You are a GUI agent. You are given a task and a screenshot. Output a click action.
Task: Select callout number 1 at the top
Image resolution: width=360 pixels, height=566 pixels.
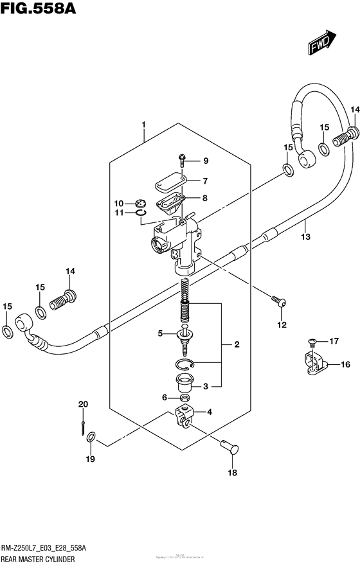click(144, 124)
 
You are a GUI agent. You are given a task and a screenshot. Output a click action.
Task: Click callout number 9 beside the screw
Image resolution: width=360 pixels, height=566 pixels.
click(188, 161)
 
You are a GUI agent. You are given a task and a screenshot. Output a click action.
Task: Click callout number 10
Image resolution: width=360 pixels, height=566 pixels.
click(119, 204)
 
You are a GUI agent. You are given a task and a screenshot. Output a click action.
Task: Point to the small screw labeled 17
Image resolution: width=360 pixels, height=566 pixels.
click(312, 341)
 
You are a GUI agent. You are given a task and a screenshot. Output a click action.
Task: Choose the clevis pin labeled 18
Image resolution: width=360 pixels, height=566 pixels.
click(230, 447)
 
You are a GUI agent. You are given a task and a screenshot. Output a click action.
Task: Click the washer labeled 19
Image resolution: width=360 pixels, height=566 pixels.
click(91, 437)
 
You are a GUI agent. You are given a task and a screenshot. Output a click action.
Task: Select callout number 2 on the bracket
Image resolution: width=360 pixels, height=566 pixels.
click(237, 346)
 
